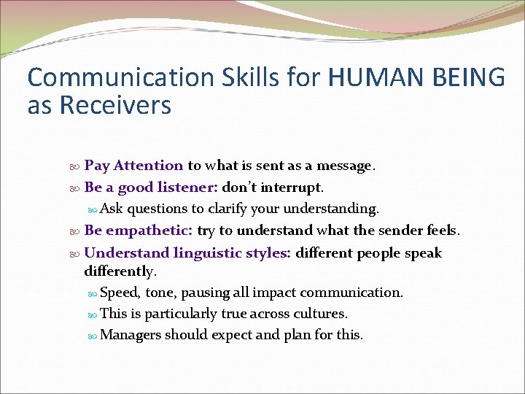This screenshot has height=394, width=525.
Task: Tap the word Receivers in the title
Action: click(x=115, y=105)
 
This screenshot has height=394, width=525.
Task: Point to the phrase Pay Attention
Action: click(x=133, y=166)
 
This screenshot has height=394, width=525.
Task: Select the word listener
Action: click(x=185, y=188)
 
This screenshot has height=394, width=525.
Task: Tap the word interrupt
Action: click(x=289, y=188)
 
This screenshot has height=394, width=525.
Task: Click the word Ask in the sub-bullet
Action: click(x=112, y=209)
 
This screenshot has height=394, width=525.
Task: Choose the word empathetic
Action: click(x=149, y=231)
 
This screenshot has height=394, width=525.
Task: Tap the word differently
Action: click(x=119, y=271)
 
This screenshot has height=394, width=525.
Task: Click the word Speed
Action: click(x=119, y=293)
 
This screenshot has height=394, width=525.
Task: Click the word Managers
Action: click(x=131, y=336)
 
